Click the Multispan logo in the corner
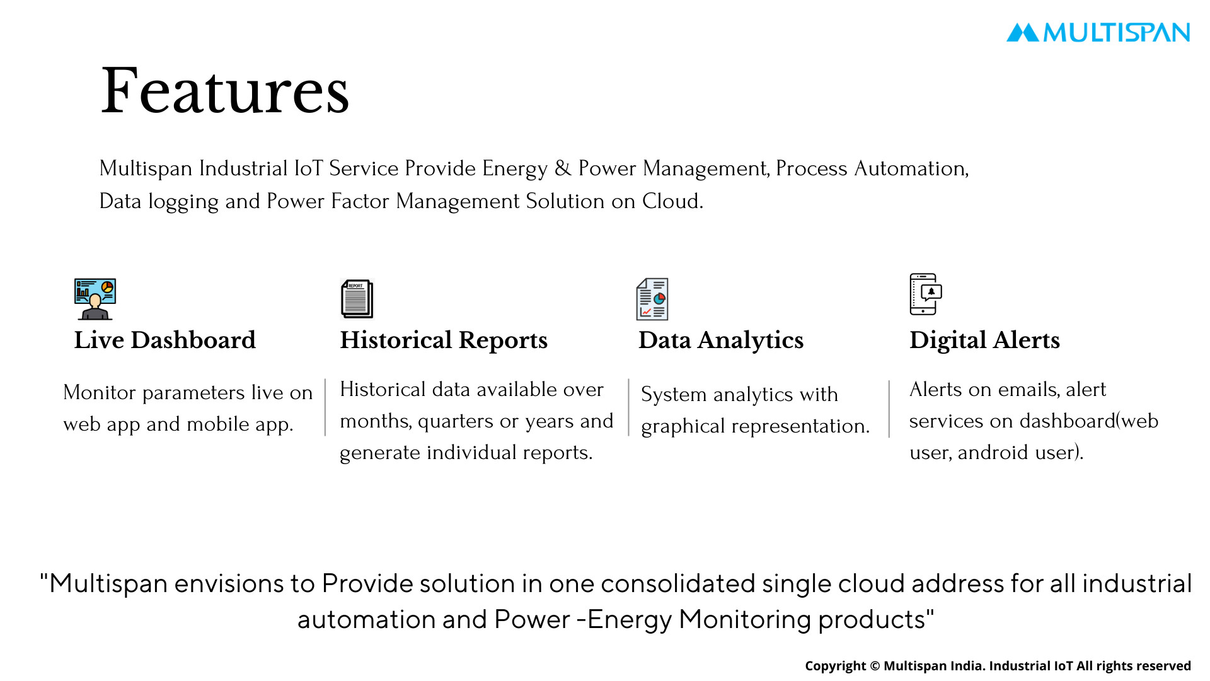1098,32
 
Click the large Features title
225,91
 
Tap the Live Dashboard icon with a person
95,299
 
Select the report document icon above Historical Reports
357,299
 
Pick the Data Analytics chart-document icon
652,299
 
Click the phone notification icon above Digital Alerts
926,294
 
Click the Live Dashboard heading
165,340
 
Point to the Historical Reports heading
444,340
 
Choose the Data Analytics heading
721,340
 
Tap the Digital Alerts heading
984,340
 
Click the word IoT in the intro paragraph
308,168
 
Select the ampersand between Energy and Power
563,168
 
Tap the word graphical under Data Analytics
683,427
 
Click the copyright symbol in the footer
875,666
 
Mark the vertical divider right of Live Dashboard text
325,407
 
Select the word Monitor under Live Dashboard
99,392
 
